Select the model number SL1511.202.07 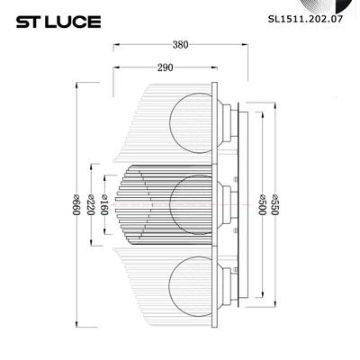coord(307,15)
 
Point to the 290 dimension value coord(165,65)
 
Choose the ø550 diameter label coord(275,209)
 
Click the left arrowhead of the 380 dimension coord(115,49)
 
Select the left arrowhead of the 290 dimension coord(115,73)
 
